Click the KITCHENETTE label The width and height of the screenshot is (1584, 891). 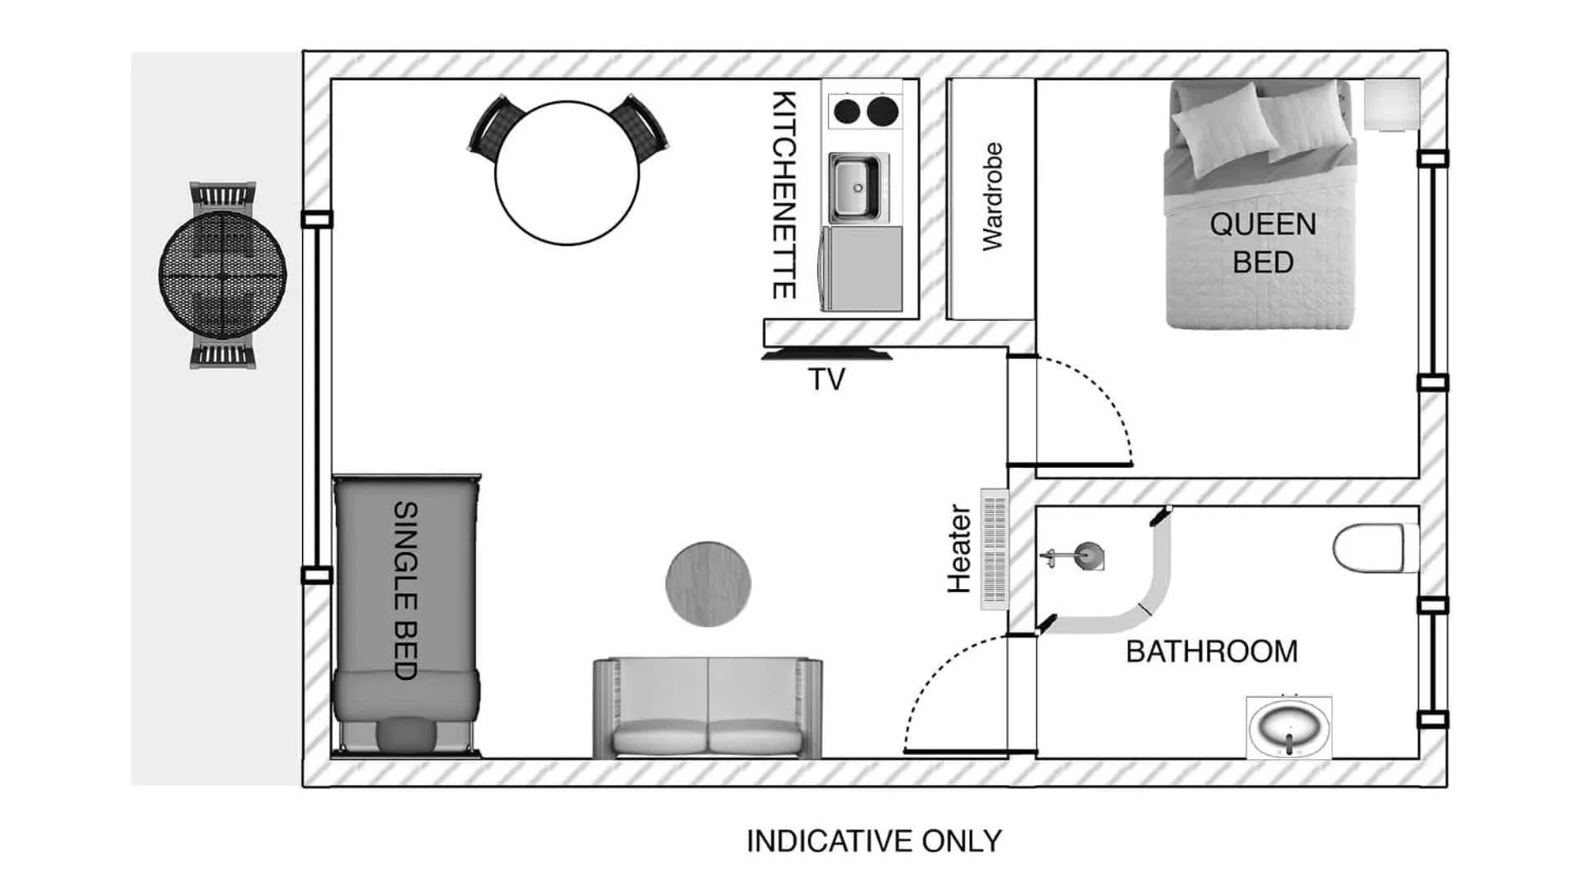[x=783, y=195]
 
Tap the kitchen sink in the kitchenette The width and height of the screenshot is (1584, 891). [x=855, y=188]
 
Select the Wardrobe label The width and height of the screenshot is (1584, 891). [x=992, y=196]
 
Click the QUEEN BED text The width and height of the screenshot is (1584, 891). [x=1262, y=243]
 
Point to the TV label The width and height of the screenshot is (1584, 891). [x=826, y=379]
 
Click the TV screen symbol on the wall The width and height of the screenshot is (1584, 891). [x=826, y=356]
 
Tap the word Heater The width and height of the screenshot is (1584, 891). [x=959, y=549]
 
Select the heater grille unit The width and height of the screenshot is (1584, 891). [x=995, y=549]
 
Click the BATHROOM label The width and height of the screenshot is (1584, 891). [x=1211, y=652]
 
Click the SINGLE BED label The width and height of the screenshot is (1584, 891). [x=405, y=590]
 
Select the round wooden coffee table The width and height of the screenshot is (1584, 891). [x=708, y=583]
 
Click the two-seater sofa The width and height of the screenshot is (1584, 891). [x=707, y=709]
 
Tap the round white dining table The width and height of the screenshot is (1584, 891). [x=567, y=172]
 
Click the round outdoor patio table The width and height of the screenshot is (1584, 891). [x=223, y=274]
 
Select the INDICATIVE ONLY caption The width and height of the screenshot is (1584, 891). [x=873, y=841]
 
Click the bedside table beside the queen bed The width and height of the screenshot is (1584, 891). [x=1391, y=105]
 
